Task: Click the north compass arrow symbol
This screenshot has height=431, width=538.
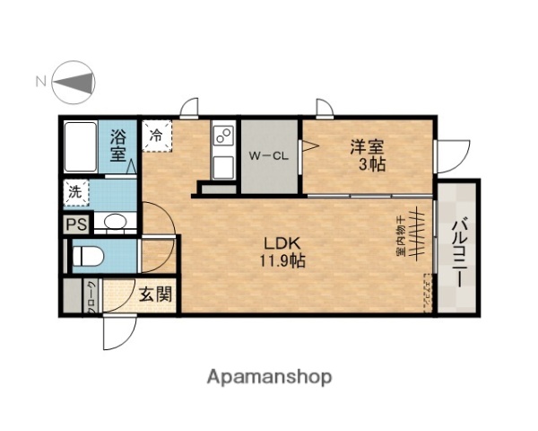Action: coord(75,82)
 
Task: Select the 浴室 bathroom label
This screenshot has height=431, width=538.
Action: coord(118,146)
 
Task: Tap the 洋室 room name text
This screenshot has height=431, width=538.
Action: coord(368,146)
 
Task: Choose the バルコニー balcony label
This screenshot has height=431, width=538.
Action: coord(457,251)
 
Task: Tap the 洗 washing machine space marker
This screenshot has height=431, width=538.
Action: coord(75,191)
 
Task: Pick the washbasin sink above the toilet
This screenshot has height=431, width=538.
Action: coord(114,223)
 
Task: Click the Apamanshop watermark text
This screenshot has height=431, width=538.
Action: coord(270,376)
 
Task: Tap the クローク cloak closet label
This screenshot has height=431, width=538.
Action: coord(91,296)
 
